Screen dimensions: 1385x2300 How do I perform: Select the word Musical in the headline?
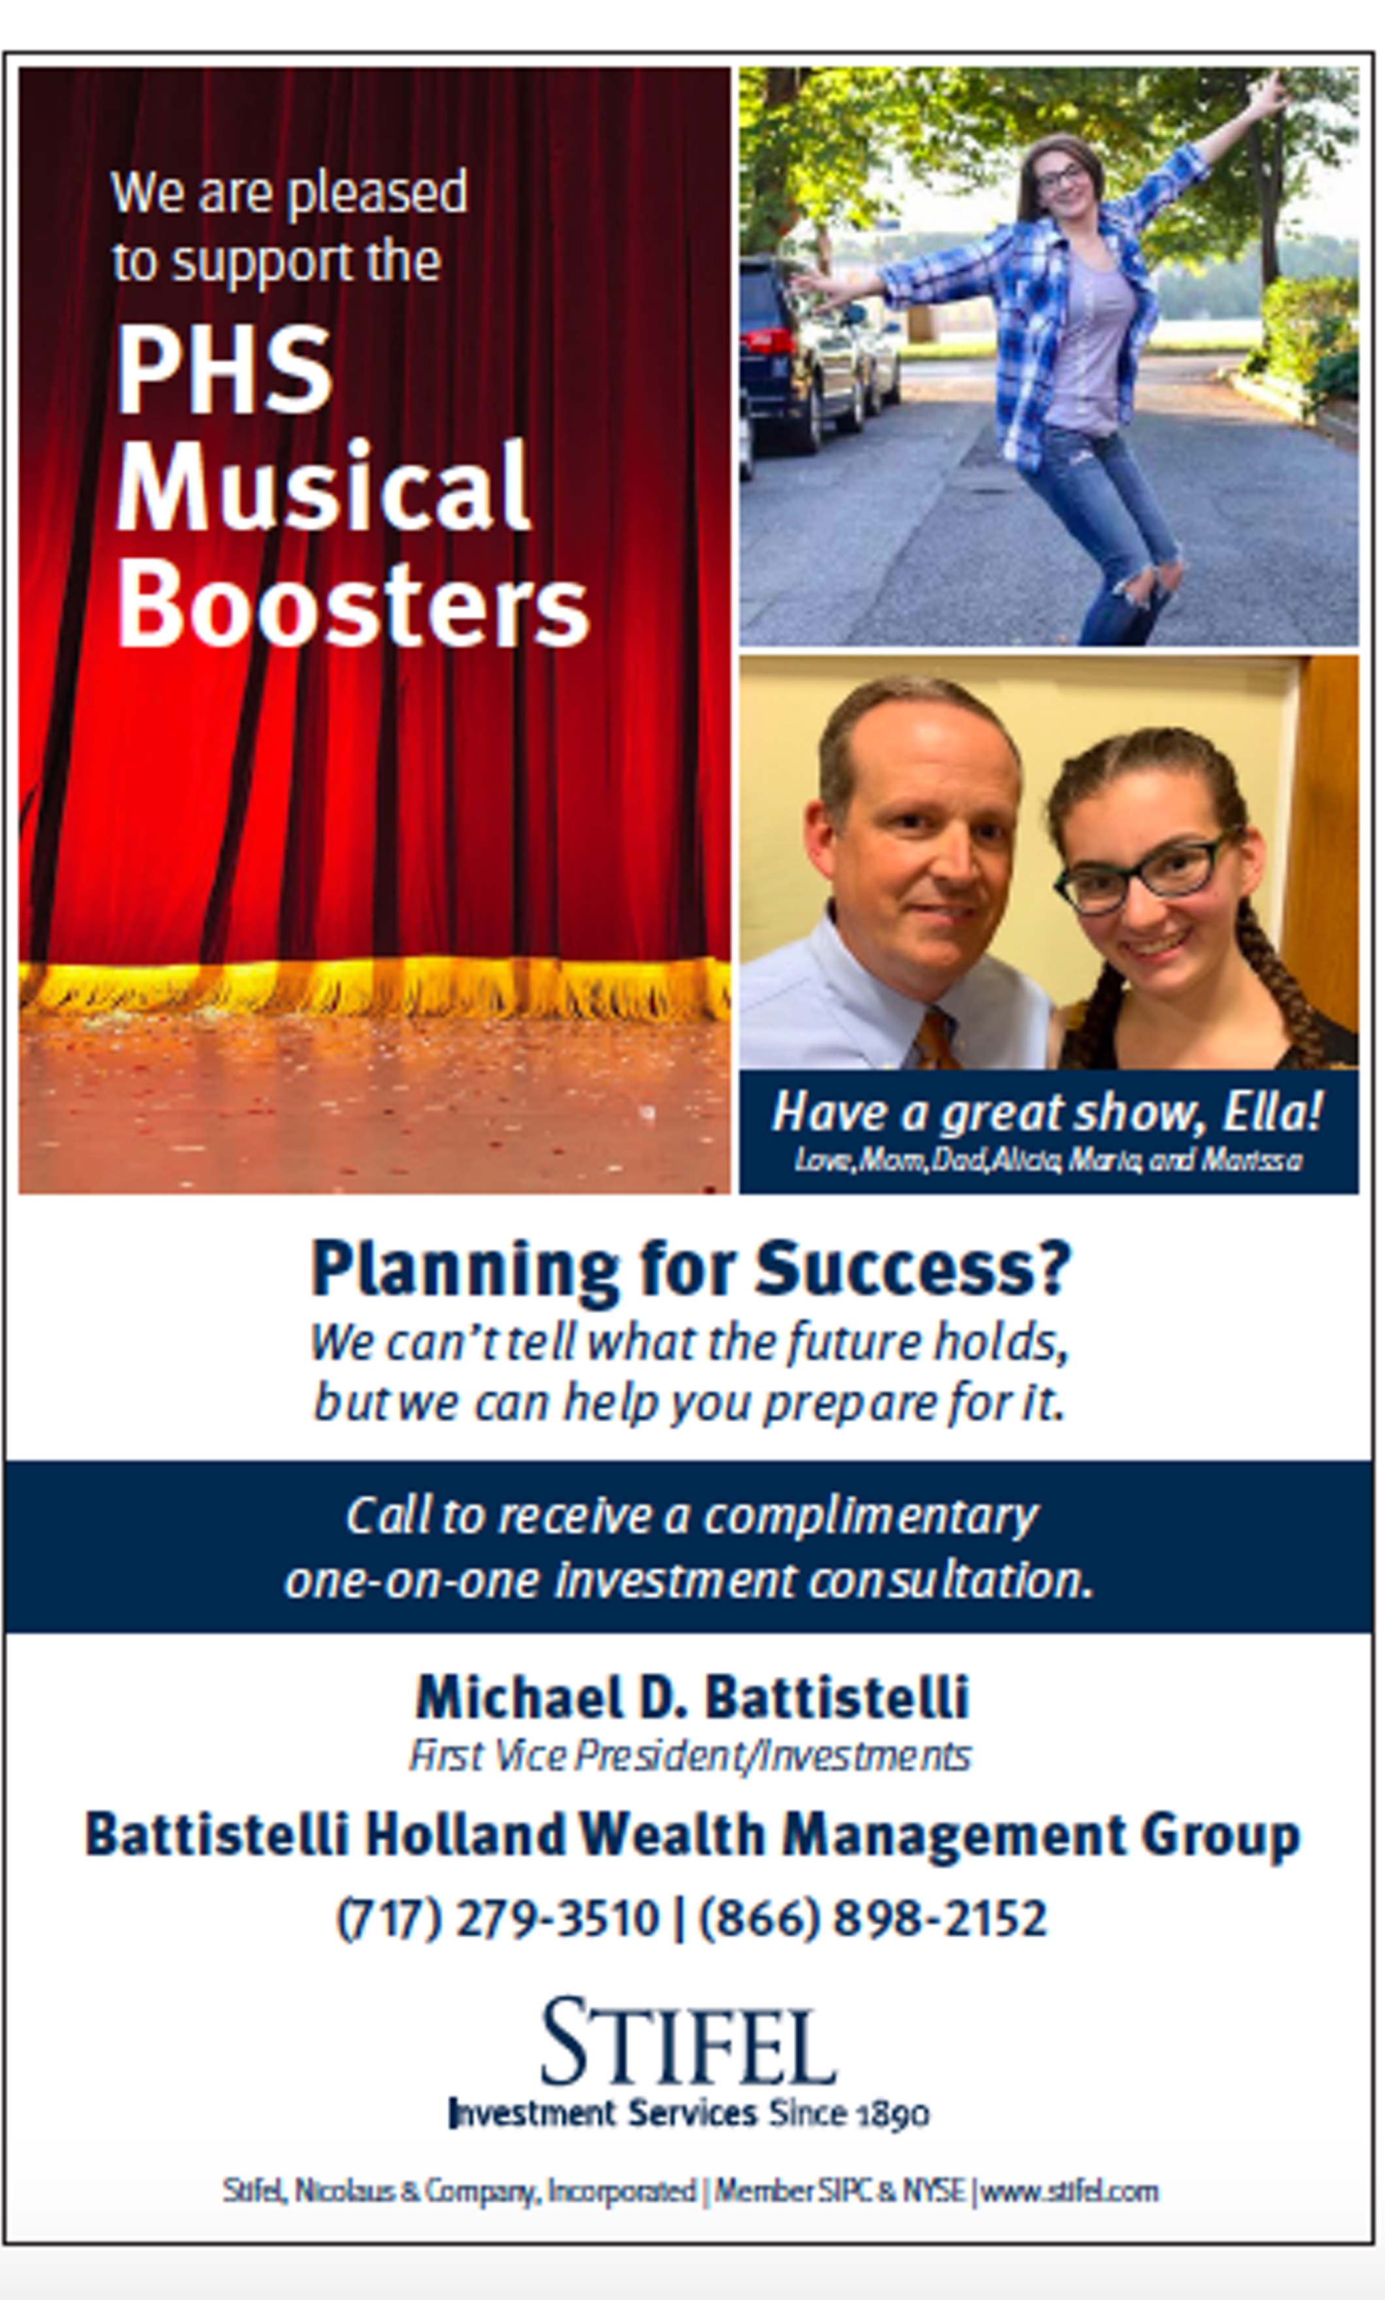323,485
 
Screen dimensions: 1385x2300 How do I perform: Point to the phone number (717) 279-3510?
497,1919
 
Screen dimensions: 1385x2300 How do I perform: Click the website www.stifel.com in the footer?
1069,2191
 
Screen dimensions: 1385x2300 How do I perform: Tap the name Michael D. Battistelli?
692,1696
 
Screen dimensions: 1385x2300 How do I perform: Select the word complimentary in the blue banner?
870,1517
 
